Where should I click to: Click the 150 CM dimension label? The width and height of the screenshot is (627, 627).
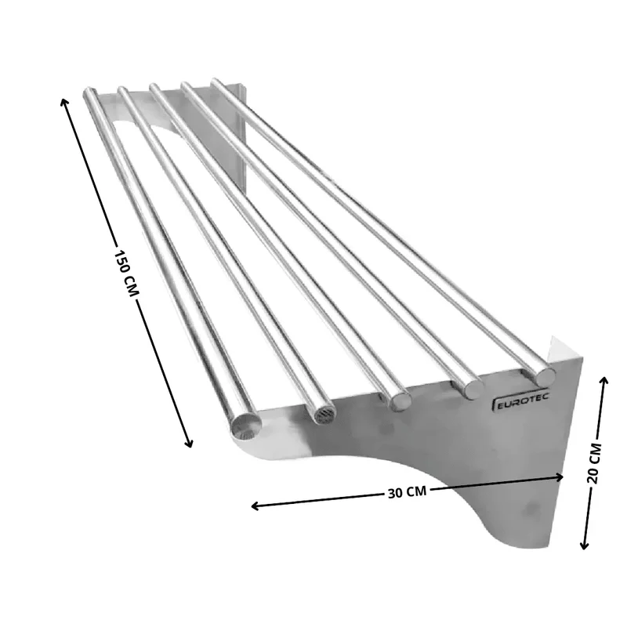126,274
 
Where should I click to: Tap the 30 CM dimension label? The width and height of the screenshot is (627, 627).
407,491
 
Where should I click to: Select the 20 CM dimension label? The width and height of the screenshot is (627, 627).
594,463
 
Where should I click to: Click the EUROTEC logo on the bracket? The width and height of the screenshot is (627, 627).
520,400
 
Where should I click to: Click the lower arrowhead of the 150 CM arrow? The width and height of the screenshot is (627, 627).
189,444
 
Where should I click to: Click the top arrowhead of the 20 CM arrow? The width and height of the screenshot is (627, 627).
604,380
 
